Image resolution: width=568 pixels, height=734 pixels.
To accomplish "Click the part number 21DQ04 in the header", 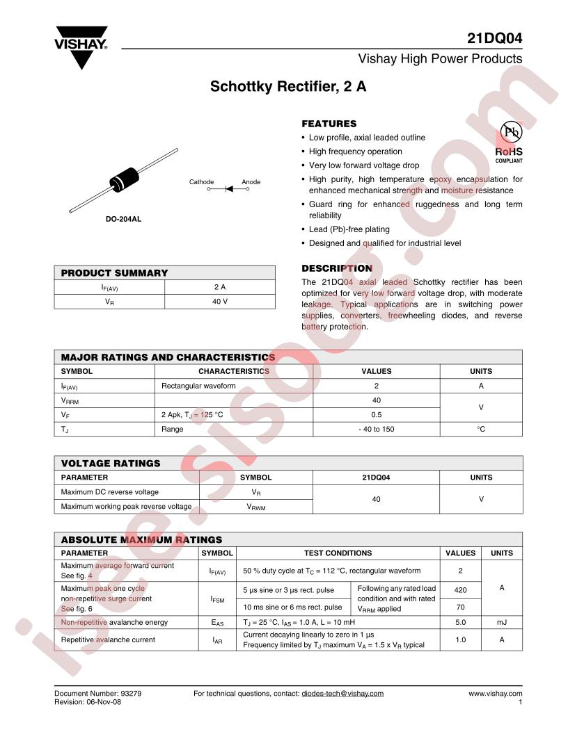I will click(x=494, y=38).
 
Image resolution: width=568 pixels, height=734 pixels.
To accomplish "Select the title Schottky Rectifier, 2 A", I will click(x=288, y=88).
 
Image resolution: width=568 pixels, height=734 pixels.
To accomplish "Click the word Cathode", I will click(x=201, y=182).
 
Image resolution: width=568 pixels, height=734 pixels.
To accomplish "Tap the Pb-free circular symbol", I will click(x=510, y=133).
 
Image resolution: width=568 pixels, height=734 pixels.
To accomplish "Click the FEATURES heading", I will click(x=329, y=124).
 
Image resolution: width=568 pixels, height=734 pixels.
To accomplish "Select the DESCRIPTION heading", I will click(x=336, y=268).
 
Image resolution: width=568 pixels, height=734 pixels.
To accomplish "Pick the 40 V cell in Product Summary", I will click(x=220, y=302).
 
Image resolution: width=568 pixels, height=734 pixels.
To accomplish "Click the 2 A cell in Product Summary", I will click(x=220, y=286).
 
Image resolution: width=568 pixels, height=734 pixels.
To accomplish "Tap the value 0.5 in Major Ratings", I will click(x=376, y=415).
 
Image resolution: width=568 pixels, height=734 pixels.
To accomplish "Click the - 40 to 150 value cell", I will click(x=376, y=429).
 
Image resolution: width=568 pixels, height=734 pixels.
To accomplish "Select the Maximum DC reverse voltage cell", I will click(x=110, y=492).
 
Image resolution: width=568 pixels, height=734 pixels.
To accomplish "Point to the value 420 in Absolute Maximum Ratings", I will click(x=460, y=589).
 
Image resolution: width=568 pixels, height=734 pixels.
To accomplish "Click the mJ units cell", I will click(x=501, y=622).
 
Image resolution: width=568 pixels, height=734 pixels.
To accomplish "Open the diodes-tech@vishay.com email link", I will click(x=342, y=694).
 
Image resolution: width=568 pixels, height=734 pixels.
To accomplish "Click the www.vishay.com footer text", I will click(x=495, y=694).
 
